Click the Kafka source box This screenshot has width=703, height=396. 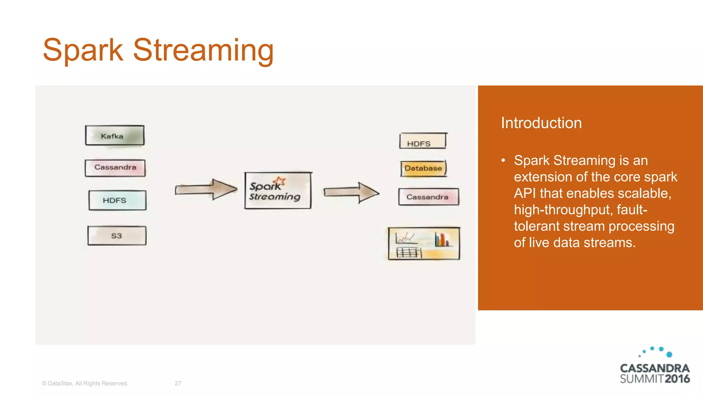click(x=115, y=135)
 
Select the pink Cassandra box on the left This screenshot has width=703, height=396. click(x=115, y=168)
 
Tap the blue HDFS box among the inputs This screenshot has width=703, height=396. click(x=117, y=200)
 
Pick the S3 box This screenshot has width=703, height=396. click(x=117, y=235)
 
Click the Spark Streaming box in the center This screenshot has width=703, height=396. click(x=278, y=190)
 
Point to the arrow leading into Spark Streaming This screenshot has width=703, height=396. click(x=206, y=189)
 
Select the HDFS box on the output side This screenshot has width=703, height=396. click(x=423, y=141)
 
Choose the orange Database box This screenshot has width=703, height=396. click(x=424, y=168)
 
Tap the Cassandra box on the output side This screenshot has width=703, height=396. click(x=428, y=197)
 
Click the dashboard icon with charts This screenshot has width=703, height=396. click(x=424, y=243)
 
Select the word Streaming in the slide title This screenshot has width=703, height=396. click(x=203, y=50)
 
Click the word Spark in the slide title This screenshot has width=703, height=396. click(x=83, y=50)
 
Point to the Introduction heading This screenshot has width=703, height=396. click(x=541, y=123)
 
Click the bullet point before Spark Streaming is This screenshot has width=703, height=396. click(x=503, y=161)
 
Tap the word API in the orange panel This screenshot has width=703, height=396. click(x=525, y=193)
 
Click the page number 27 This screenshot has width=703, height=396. click(x=178, y=383)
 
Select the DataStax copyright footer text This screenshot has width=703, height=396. click(x=85, y=383)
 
